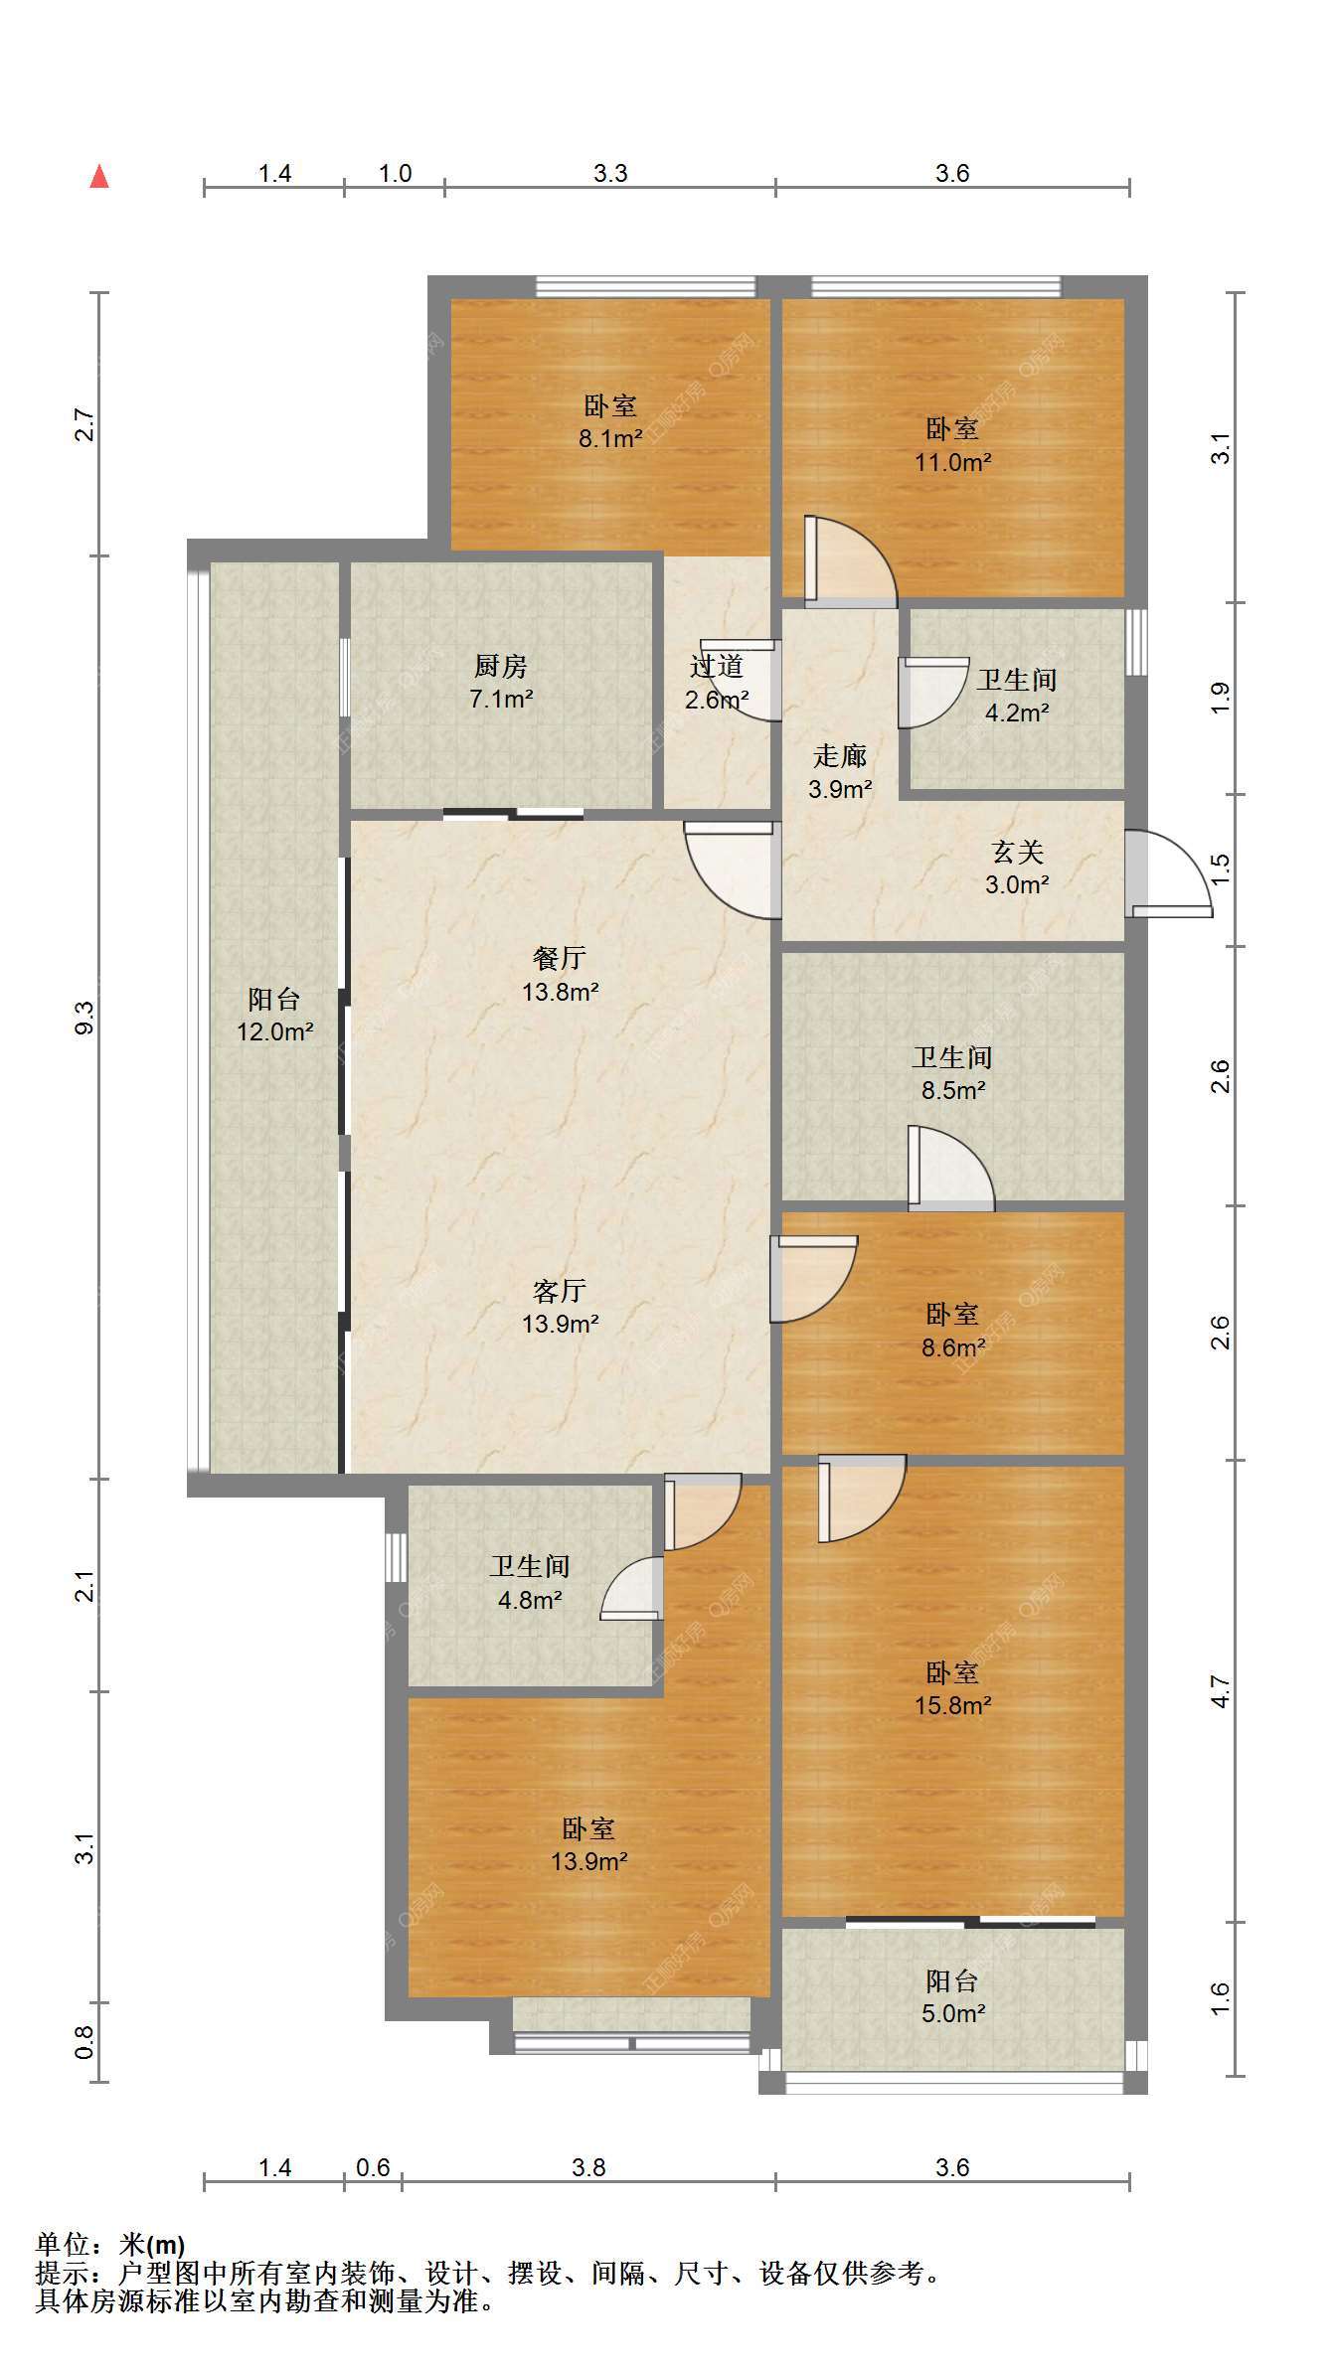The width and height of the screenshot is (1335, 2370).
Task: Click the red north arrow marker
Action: coord(99,176)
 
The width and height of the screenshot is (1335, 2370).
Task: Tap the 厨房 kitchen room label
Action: coord(501,666)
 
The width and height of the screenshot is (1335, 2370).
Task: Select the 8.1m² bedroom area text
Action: coord(610,438)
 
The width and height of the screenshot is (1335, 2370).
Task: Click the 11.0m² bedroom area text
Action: coord(953,462)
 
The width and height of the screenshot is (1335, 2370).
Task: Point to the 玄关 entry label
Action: coord(1017,853)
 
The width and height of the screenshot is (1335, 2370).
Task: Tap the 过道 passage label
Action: coord(717,666)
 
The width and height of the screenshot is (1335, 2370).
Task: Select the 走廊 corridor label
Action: coord(840,756)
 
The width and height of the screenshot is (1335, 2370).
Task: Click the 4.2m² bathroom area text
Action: coord(1017,712)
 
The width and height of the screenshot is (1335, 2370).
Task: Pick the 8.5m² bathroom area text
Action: coord(953,1090)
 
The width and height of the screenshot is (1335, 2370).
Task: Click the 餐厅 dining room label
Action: coord(560,958)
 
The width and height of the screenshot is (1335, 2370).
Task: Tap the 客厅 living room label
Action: coord(560,1291)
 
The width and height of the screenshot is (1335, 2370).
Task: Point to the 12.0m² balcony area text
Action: coord(275,1031)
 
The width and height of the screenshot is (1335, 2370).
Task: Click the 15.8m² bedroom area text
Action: coord(953,1705)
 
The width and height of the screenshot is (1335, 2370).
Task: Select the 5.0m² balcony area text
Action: coord(953,2013)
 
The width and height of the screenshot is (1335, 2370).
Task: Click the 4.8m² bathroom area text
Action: coord(530,1600)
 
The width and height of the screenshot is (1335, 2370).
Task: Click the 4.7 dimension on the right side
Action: coord(1221,1691)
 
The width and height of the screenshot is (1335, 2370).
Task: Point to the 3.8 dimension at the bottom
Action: coord(588,2167)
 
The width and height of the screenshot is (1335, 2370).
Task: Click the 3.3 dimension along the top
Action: coord(610,173)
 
